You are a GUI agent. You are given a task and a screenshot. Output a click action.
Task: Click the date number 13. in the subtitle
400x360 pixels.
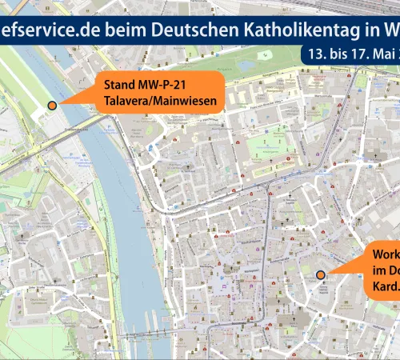click(x=318, y=55)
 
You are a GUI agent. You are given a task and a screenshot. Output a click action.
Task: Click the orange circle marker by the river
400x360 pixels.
click(x=53, y=106)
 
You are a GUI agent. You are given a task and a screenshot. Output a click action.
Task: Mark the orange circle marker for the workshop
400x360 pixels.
click(x=320, y=275)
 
